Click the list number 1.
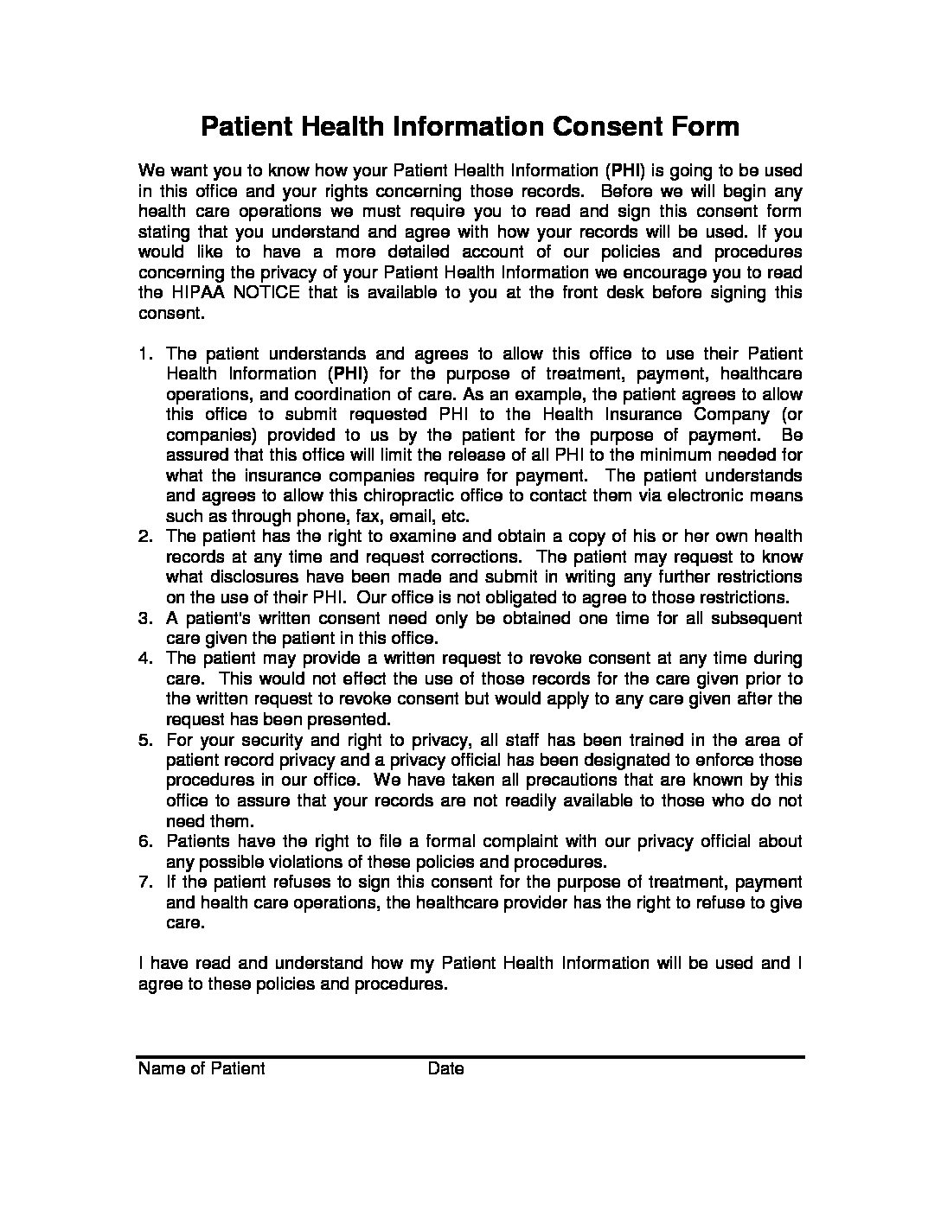coord(145,354)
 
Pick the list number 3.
coord(145,619)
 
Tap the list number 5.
coord(145,741)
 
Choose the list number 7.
coord(145,882)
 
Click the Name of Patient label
coord(202,1069)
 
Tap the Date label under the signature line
coord(445,1069)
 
